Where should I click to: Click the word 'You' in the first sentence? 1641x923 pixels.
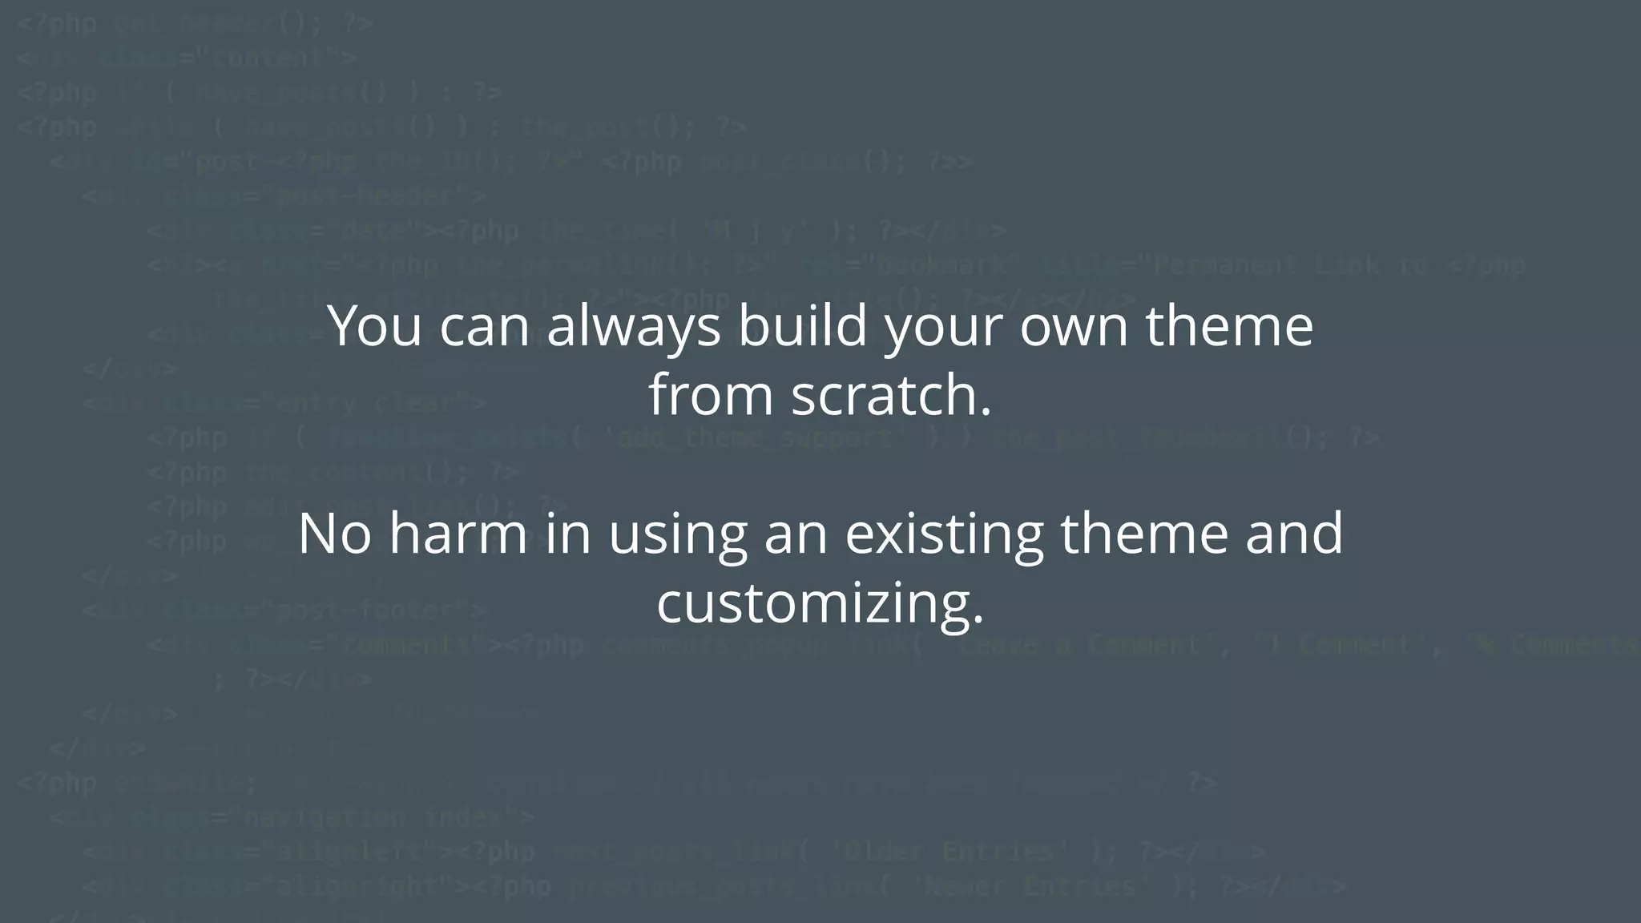[x=374, y=327]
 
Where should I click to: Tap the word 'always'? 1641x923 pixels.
[x=633, y=327]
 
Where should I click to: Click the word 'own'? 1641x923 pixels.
[x=1074, y=327]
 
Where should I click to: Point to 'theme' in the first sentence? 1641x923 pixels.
[x=1229, y=327]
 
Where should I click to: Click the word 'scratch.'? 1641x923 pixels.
[x=891, y=396]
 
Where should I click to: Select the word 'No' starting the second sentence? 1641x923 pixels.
[x=334, y=534]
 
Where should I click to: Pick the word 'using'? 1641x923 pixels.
[x=677, y=534]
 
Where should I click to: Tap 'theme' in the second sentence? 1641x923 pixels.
[x=1144, y=534]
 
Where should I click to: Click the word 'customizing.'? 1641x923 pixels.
[x=820, y=603]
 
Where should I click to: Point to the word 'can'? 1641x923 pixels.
[x=483, y=327]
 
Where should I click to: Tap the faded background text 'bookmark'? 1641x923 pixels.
[x=942, y=265]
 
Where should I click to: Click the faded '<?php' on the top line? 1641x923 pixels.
[x=56, y=24]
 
